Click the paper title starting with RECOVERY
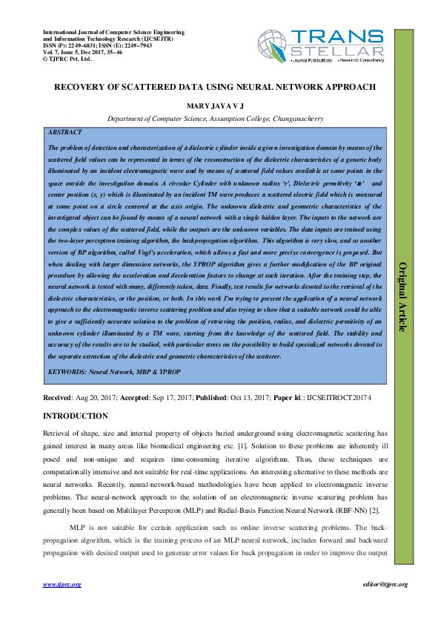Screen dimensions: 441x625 215,87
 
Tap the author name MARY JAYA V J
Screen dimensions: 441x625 215,107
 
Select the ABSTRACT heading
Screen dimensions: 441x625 65,131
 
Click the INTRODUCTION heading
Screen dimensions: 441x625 76,416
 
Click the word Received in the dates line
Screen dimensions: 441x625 58,399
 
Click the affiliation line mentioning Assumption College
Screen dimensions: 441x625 215,118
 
